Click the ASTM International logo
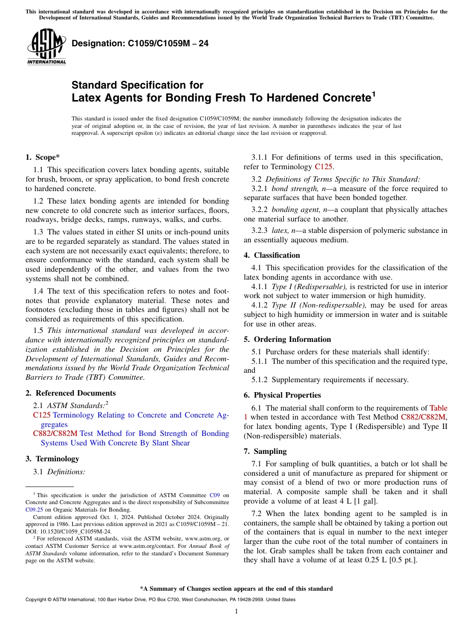[46, 47]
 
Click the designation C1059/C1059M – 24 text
[140, 44]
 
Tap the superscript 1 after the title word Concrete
[373, 93]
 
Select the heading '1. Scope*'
[42, 158]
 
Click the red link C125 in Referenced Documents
[41, 415]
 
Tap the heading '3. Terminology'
[52, 459]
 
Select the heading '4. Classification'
[272, 255]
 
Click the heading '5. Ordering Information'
[287, 339]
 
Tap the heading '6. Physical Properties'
[282, 395]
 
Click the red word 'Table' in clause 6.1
[438, 408]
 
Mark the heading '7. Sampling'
[265, 451]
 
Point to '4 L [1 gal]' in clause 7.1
[403, 501]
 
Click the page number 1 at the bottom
[236, 612]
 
